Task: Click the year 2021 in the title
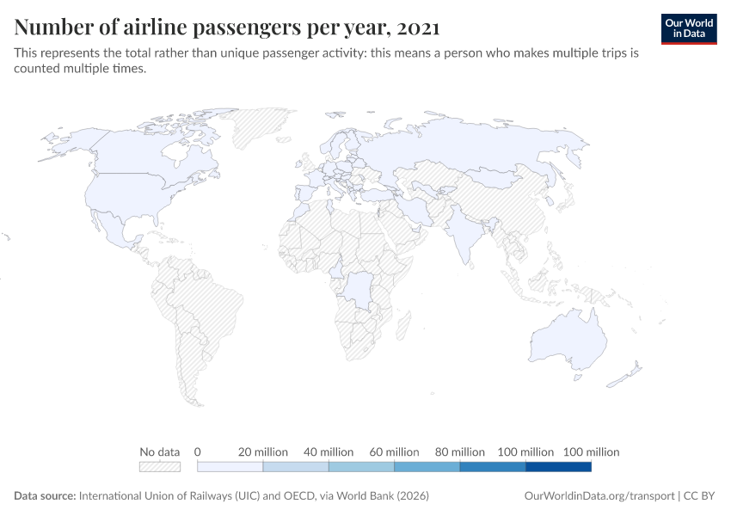click(x=418, y=28)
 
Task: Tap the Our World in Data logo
click(x=688, y=28)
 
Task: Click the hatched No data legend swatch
click(x=160, y=466)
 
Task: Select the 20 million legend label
click(x=263, y=451)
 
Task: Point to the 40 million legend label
click(x=329, y=451)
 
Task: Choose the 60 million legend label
click(x=394, y=451)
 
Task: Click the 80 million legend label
click(x=459, y=451)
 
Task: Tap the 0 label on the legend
click(x=198, y=451)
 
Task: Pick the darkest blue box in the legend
click(x=558, y=466)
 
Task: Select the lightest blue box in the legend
click(x=230, y=466)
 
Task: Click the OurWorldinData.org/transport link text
click(x=599, y=496)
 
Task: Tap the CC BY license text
click(x=701, y=496)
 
